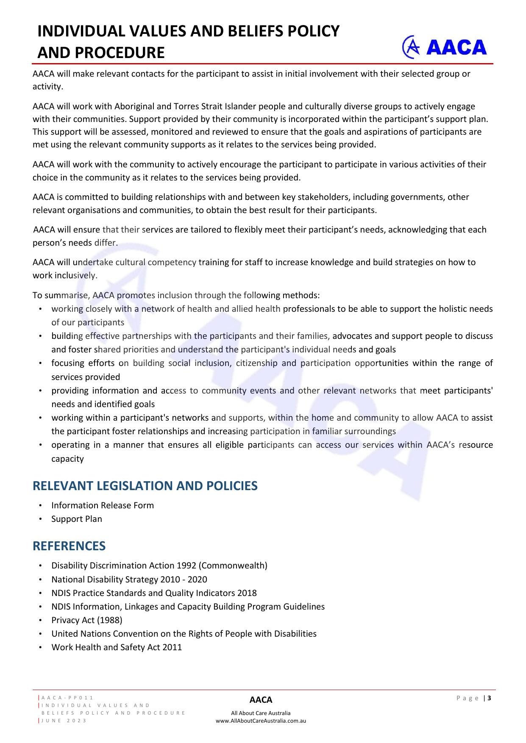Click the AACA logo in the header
pos(444,47)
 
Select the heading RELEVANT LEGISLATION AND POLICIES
pos(145,485)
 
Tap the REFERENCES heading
pos(69,546)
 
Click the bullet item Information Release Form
pos(103,505)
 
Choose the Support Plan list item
pos(77,519)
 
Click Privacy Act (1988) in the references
pos(87,620)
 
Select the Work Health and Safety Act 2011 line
pos(117,647)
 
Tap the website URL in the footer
pos(261,721)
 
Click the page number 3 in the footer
pos(490,698)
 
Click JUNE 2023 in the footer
pos(64,721)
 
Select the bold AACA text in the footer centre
pos(261,700)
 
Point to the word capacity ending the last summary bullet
pos(67,459)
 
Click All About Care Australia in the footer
pos(261,713)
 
